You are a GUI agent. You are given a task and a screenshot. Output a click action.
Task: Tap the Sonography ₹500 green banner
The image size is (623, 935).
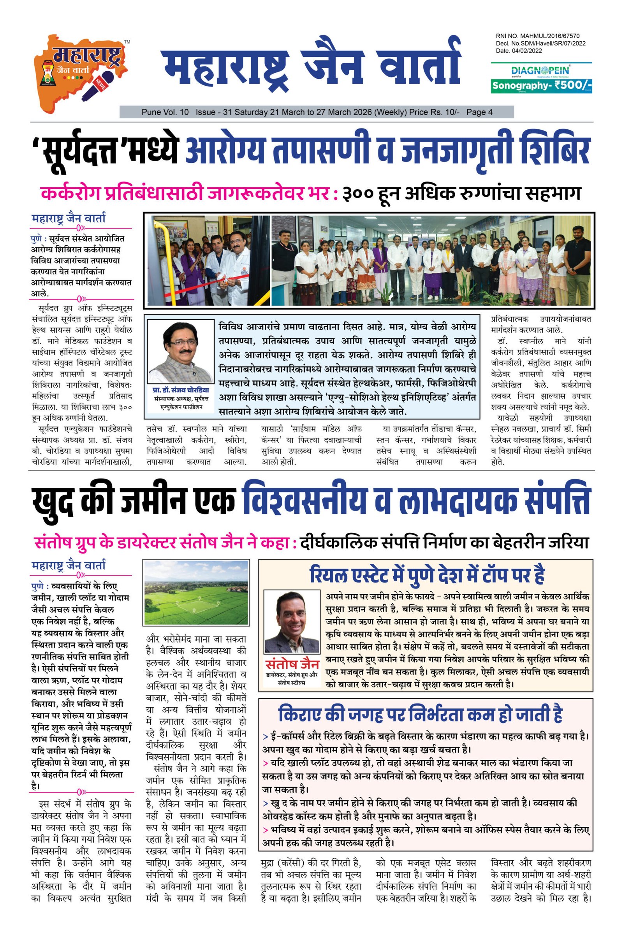541,85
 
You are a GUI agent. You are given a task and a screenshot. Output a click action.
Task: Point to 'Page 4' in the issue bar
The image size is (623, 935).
479,112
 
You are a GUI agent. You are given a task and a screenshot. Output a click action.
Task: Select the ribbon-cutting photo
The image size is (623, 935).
207,260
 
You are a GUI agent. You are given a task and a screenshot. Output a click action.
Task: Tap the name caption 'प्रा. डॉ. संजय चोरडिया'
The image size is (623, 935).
181,389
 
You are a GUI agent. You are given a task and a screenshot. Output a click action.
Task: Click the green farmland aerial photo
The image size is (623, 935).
196,593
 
